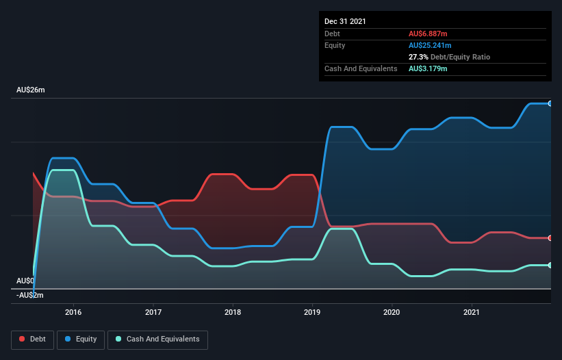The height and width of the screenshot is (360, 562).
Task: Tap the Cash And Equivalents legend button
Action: [157, 339]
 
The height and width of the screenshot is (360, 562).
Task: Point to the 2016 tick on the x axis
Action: [73, 312]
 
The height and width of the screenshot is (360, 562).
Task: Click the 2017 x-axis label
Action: [153, 312]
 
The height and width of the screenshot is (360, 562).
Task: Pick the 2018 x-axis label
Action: [233, 312]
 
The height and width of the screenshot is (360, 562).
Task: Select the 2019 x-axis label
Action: [313, 312]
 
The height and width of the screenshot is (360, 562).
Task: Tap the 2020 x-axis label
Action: [392, 312]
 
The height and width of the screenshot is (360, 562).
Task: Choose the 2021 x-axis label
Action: [472, 312]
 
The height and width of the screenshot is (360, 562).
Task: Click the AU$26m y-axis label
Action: [31, 90]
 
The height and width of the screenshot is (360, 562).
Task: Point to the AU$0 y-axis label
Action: [26, 281]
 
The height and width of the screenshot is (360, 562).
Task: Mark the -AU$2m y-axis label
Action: [30, 296]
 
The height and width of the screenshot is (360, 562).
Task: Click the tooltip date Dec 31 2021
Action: [345, 21]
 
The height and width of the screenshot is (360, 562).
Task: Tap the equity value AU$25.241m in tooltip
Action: [433, 45]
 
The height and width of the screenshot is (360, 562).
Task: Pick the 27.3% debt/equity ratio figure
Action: [419, 57]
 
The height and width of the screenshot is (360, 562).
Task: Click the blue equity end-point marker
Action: [550, 103]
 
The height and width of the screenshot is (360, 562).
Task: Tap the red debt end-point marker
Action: [550, 238]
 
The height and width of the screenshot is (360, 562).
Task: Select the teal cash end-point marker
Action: [550, 265]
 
